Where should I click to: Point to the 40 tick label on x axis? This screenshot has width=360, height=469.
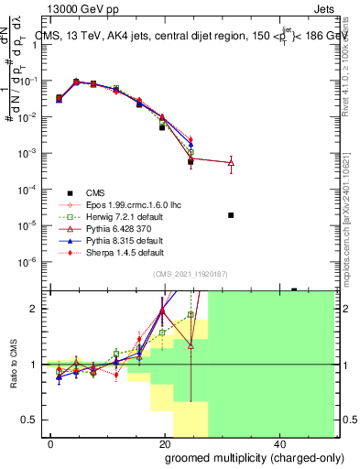pos(278,443)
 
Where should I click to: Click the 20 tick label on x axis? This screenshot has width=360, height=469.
pos(165,443)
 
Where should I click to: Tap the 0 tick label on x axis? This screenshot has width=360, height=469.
pos(51,443)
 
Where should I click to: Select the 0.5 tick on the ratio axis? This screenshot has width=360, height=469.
pos(35,420)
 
